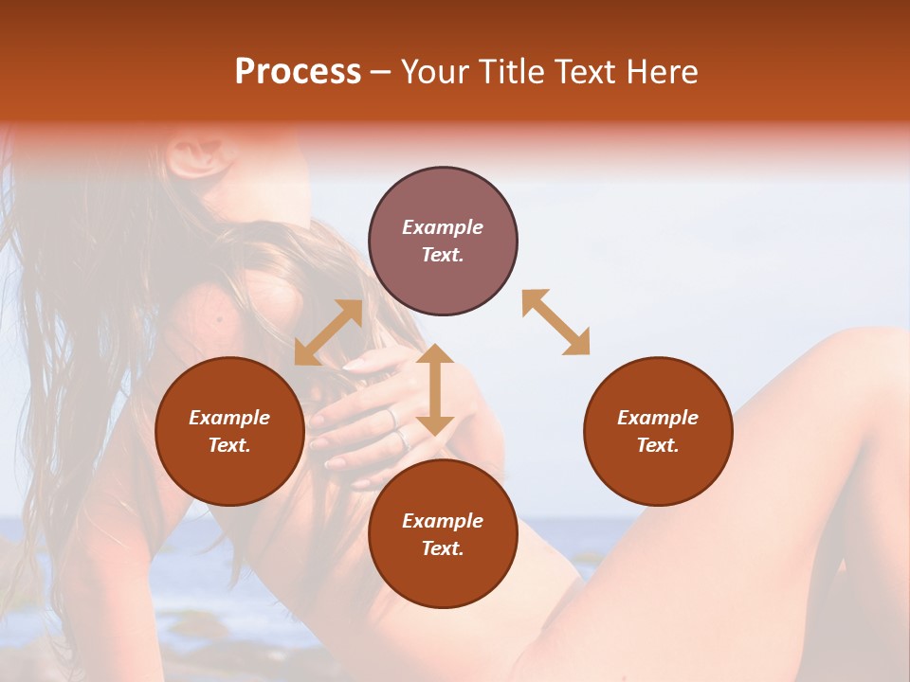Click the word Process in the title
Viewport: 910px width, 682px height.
coord(298,72)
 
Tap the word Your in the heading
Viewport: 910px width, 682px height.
coord(436,72)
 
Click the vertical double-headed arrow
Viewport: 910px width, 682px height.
coord(435,389)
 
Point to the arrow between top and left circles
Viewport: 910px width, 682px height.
coord(328,332)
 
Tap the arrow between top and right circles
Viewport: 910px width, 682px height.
coord(555,322)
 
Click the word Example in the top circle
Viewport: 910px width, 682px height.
coord(443,227)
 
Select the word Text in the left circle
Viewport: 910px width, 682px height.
coord(229,445)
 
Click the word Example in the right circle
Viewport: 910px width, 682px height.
coord(658,418)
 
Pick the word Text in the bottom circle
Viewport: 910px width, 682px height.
coord(443,548)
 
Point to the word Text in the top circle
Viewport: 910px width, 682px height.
coord(443,255)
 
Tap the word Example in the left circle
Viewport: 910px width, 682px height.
coord(229,418)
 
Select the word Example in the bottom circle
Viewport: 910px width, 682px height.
coord(443,521)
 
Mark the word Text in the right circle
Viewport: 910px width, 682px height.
coord(658,445)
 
